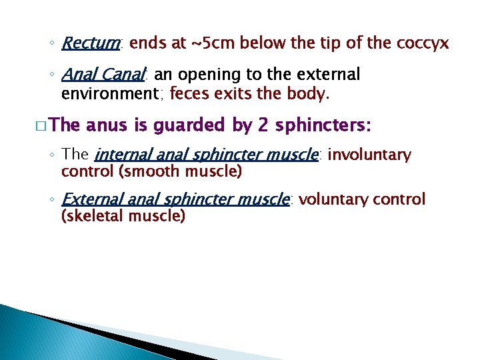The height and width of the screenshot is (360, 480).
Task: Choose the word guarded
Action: pyautogui.click(x=191, y=125)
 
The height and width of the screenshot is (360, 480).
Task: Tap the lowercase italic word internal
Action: pyautogui.click(x=119, y=155)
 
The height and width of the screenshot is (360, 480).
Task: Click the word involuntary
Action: pyautogui.click(x=370, y=155)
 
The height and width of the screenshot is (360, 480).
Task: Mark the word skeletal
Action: pyautogui.click(x=93, y=215)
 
